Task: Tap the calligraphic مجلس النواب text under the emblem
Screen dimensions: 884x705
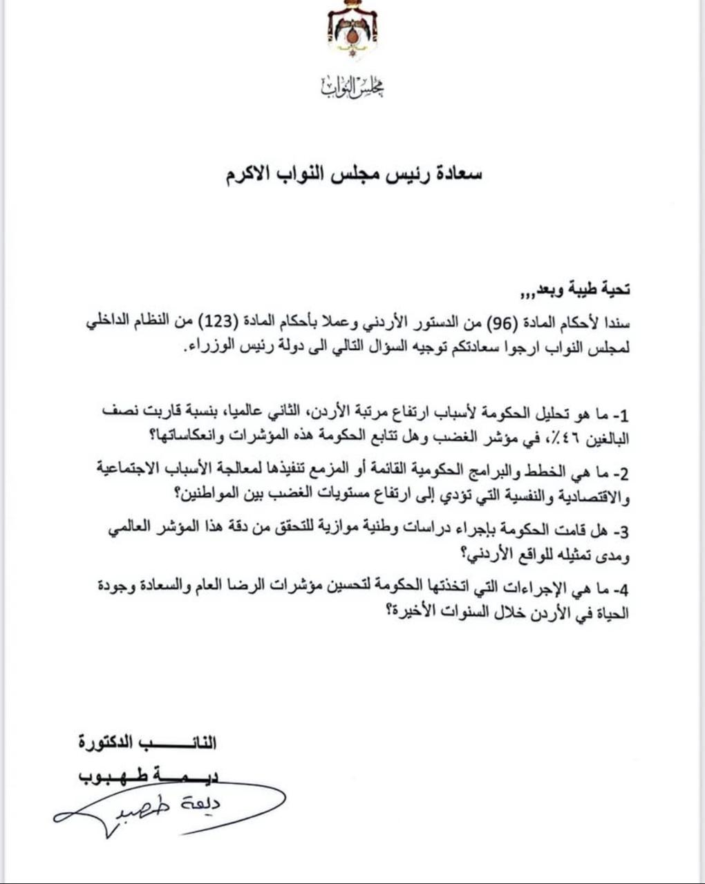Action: [352, 86]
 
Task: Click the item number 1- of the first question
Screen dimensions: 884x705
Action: [620, 415]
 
